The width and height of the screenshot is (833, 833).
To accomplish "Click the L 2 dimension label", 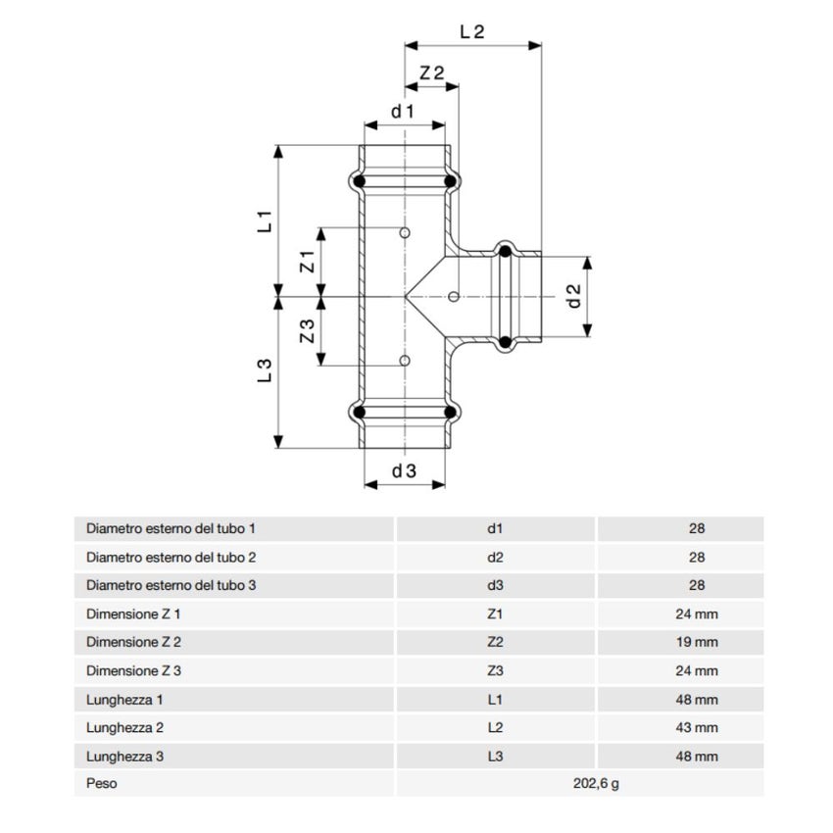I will [x=472, y=30].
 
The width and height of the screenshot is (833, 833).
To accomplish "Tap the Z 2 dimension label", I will [x=432, y=73].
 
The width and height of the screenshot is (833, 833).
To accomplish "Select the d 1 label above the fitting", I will [x=403, y=112].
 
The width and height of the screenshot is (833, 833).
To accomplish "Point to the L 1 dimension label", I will [x=264, y=221].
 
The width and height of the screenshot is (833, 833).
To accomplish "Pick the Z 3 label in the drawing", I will [x=306, y=331].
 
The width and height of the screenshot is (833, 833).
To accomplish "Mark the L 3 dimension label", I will [x=264, y=370].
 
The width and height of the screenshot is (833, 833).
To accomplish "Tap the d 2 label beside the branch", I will [x=575, y=296].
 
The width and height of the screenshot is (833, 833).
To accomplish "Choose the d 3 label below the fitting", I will [x=404, y=471].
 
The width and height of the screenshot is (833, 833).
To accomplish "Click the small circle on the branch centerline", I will [x=453, y=296].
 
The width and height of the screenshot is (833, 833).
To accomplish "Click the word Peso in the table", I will [x=101, y=785].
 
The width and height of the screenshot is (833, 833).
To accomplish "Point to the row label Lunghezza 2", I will [x=122, y=728].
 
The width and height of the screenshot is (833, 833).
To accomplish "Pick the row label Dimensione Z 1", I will [x=134, y=614].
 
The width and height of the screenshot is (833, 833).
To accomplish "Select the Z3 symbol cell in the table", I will [x=495, y=671].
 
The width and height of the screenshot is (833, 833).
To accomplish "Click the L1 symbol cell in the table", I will [x=495, y=700].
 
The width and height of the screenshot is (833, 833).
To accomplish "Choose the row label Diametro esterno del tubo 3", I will [x=171, y=586].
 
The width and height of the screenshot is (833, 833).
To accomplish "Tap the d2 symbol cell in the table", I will [x=495, y=558].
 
